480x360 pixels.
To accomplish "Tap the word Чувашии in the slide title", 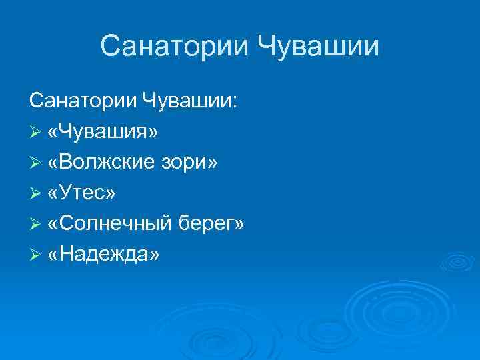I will (319, 47).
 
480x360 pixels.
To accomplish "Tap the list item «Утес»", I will (81, 193).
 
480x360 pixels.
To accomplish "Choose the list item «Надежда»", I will (103, 255).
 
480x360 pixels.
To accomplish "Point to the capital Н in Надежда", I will (66, 254).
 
